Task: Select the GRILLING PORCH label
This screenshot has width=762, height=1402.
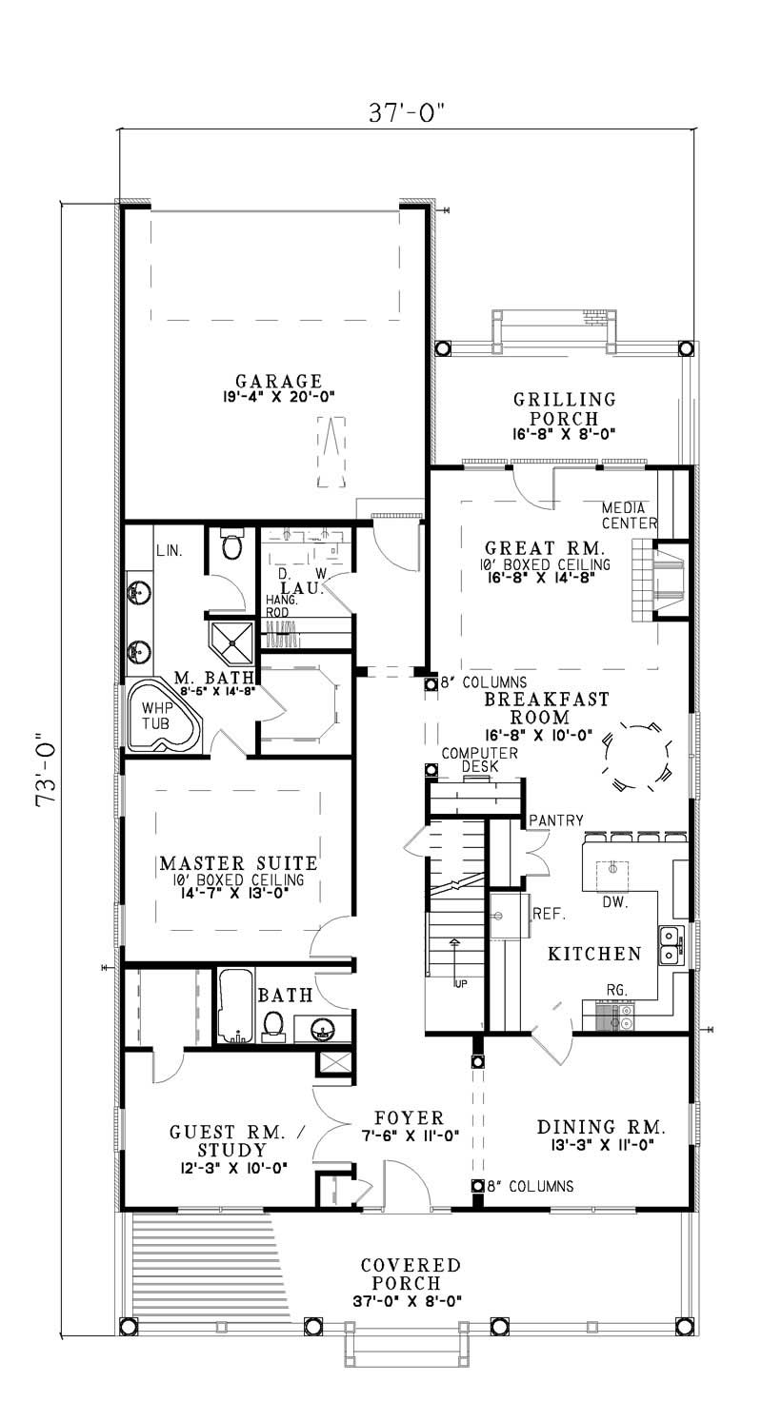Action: pyautogui.click(x=564, y=408)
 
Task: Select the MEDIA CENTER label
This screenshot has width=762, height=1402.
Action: pyautogui.click(x=629, y=515)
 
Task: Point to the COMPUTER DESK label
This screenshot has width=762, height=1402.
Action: pyautogui.click(x=479, y=760)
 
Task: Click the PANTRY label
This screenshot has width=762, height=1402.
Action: pyautogui.click(x=555, y=819)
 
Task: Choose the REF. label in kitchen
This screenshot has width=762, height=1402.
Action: pyautogui.click(x=550, y=915)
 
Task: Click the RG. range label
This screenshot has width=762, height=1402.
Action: pyautogui.click(x=616, y=990)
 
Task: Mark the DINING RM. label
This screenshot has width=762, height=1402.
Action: pyautogui.click(x=601, y=1126)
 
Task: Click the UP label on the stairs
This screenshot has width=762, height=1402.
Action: pyautogui.click(x=461, y=982)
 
